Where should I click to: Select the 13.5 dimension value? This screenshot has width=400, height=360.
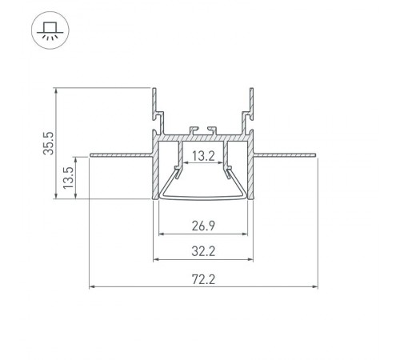coord(69,177)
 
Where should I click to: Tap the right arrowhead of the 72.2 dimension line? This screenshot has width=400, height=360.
coord(315,286)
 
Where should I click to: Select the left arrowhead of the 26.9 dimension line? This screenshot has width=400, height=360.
coord(162,234)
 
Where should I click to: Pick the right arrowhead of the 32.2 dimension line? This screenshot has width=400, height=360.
coord(253,260)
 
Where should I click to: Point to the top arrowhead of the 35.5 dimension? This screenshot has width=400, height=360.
coord(56,90)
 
